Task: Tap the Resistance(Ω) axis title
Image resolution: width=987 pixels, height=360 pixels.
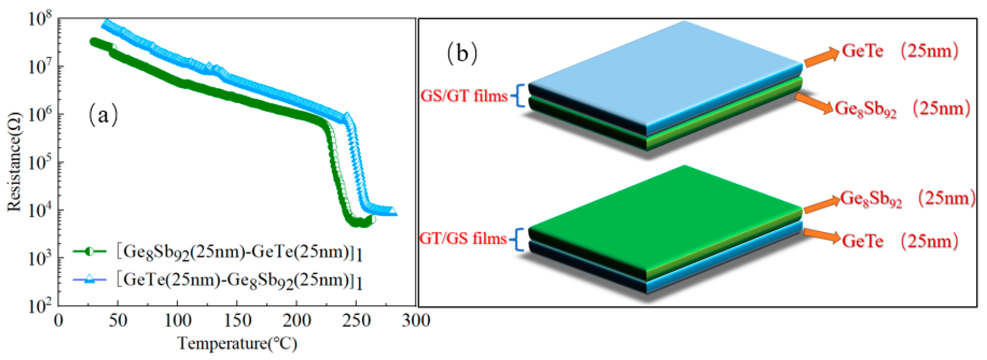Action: coord(14,161)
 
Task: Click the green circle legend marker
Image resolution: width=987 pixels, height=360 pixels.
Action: coord(89,252)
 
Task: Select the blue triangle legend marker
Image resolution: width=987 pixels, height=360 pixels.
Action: coord(89,280)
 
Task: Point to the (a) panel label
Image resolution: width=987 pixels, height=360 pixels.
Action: coord(103,115)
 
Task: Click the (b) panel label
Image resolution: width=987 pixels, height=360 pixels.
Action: coord(462,54)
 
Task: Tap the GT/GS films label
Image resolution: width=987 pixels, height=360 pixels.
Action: coord(463,239)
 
